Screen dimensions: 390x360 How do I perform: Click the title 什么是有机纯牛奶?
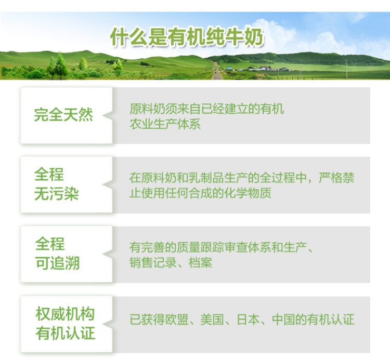(x=187, y=37)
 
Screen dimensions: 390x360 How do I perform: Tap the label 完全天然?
(x=63, y=115)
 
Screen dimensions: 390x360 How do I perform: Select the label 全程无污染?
(x=57, y=184)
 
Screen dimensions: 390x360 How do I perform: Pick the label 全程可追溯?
(x=57, y=254)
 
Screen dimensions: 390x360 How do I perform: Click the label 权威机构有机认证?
(x=65, y=324)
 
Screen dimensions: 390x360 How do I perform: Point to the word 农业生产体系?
(x=165, y=124)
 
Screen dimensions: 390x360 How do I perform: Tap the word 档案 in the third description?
(x=201, y=263)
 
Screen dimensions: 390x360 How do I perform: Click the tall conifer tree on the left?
(x=60, y=65)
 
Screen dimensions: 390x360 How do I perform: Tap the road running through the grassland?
(x=217, y=72)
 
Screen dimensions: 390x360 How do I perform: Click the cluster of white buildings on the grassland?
(x=264, y=69)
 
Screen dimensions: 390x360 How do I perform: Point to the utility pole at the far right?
(x=346, y=69)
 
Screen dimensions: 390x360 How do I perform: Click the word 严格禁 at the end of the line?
(x=337, y=178)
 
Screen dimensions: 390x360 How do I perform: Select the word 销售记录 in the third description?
(x=153, y=263)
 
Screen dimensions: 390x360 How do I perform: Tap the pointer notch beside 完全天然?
(x=108, y=115)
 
